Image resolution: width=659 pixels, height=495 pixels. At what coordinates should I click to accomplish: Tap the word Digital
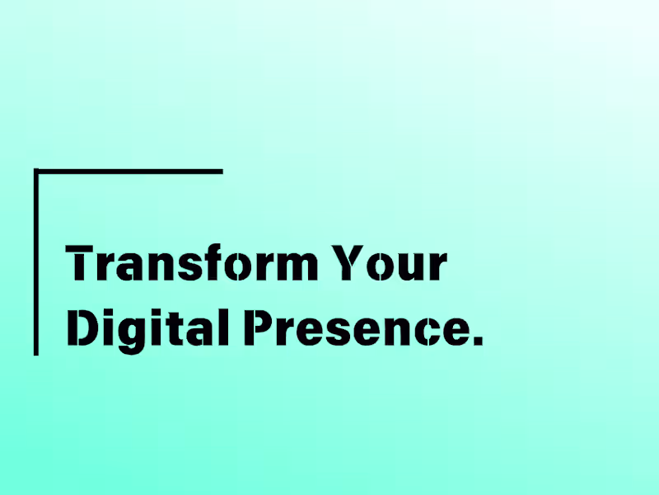(x=148, y=328)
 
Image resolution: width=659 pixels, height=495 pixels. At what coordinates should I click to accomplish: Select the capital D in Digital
(x=82, y=328)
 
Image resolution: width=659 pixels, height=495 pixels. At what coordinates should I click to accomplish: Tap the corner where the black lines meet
(x=36, y=172)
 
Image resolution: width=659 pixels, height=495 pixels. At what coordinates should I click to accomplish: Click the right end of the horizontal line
(x=220, y=172)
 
